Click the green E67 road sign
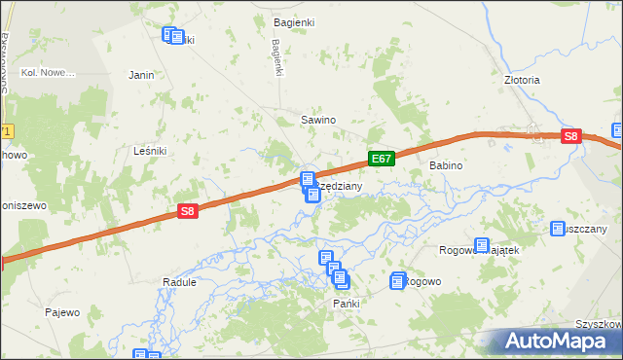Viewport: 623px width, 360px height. (x=381, y=159)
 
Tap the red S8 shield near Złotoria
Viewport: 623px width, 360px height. (x=572, y=138)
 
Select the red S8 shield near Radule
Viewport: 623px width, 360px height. (x=188, y=210)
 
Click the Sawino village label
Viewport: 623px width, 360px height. (x=317, y=121)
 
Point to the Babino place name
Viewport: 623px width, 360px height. (x=444, y=166)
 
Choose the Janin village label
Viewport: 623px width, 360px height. (x=142, y=74)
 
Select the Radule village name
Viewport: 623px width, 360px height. (x=179, y=282)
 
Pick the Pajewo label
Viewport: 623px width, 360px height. (x=61, y=312)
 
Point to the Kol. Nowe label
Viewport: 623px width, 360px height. (x=49, y=73)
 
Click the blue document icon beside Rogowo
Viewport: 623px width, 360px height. (x=398, y=281)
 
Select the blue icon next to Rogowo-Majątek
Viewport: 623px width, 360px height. (x=481, y=246)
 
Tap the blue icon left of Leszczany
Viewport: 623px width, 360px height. (x=558, y=229)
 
